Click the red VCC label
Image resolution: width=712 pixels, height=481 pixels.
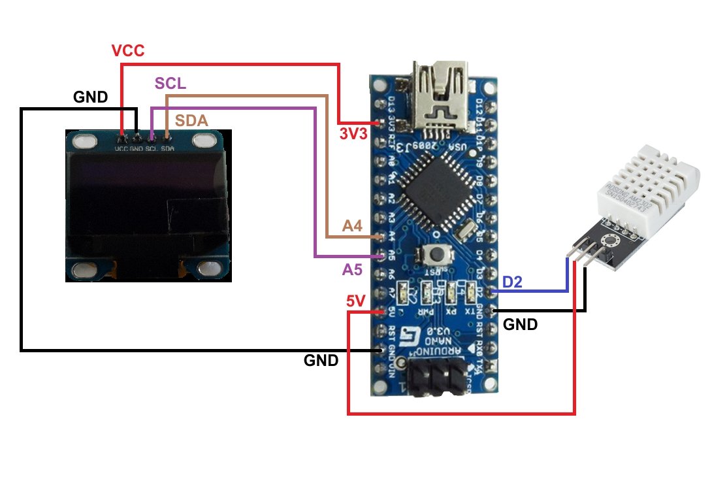[127, 52]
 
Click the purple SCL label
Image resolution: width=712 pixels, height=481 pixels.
[170, 84]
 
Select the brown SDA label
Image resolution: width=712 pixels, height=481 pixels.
[191, 121]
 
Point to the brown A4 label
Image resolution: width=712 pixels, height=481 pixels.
[352, 226]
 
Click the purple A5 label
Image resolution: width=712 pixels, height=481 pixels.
[353, 269]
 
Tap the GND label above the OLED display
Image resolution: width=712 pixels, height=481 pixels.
[91, 97]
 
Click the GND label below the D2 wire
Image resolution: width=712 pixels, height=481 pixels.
[521, 324]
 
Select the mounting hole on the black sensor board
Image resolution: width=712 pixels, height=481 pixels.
[611, 241]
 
